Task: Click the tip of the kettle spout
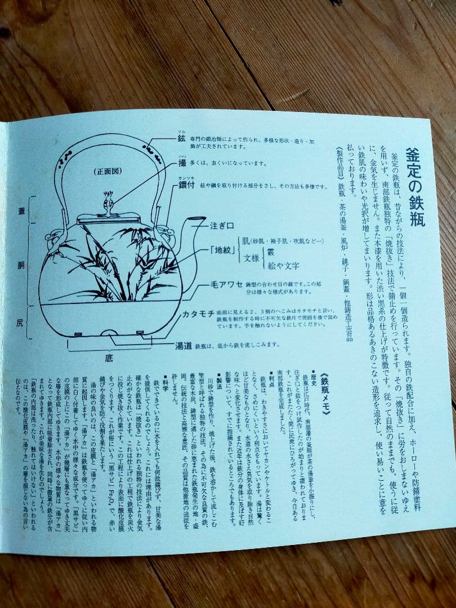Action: [x=204, y=220]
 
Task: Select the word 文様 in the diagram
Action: [x=251, y=258]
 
